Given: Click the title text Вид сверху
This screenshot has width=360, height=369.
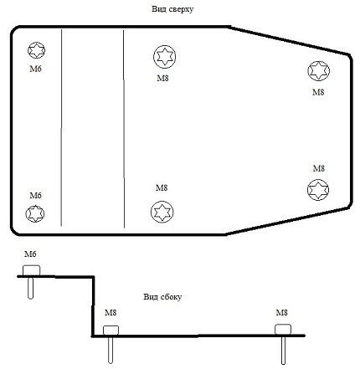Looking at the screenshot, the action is click(x=172, y=9).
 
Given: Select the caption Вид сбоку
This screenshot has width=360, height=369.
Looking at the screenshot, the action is click(x=162, y=296).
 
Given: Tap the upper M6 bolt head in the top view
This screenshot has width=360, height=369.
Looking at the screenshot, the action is click(x=37, y=50).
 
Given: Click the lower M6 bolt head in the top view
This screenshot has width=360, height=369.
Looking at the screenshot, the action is click(x=35, y=214).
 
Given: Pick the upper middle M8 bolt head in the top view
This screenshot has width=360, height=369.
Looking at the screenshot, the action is click(x=165, y=57).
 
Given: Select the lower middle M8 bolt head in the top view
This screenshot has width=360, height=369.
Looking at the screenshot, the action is click(x=162, y=212).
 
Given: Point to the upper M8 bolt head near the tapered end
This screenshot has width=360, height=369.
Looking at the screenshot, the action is click(x=319, y=71).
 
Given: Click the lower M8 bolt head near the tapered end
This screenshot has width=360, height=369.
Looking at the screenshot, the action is click(x=318, y=190).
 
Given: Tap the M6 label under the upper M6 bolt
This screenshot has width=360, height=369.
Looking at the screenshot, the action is click(x=36, y=69).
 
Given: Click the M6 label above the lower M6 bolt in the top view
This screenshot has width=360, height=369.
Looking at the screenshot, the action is click(x=36, y=195).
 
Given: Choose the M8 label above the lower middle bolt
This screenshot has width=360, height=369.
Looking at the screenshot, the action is click(x=162, y=187).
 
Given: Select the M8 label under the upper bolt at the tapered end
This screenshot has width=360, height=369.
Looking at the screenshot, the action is click(x=318, y=92).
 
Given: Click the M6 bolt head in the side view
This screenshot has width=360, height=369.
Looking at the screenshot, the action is click(x=32, y=270).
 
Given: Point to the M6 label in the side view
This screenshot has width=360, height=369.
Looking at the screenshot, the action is click(x=30, y=254).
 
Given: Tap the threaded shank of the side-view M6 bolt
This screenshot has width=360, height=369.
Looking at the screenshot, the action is click(x=31, y=288).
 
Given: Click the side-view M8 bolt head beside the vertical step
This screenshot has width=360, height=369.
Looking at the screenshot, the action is click(x=111, y=331).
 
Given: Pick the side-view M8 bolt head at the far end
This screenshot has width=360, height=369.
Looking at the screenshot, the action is click(x=283, y=330).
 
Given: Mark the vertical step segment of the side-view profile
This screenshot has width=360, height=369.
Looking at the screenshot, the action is click(x=93, y=306).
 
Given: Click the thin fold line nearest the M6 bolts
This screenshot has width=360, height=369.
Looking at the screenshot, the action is click(x=61, y=127).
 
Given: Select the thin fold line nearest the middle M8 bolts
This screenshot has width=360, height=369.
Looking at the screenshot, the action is click(x=124, y=129).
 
